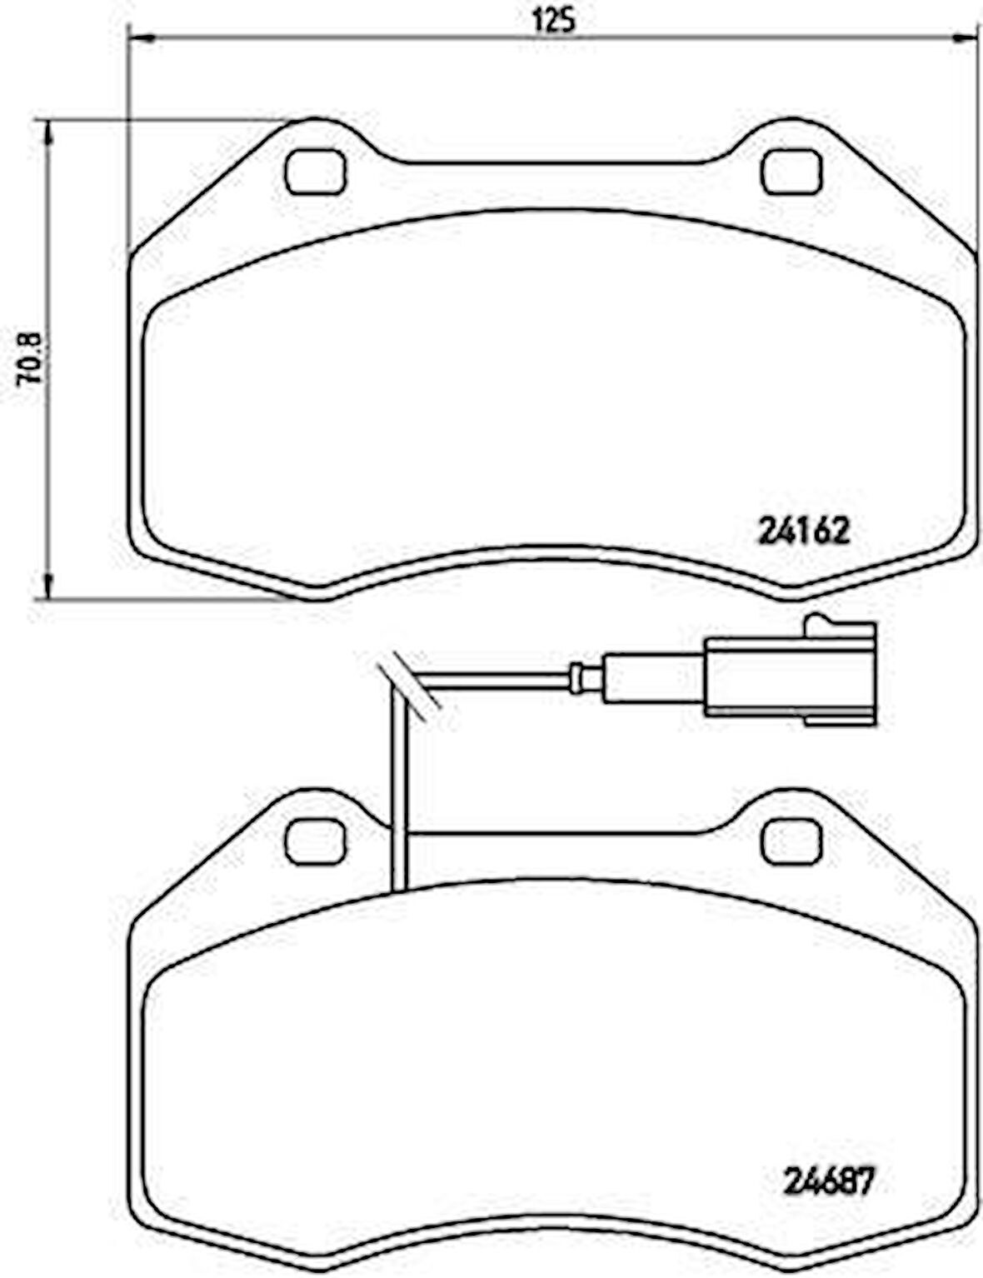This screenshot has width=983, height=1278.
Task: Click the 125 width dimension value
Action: point(552,20)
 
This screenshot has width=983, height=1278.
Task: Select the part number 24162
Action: point(804,530)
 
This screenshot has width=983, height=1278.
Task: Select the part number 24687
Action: point(829,1181)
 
